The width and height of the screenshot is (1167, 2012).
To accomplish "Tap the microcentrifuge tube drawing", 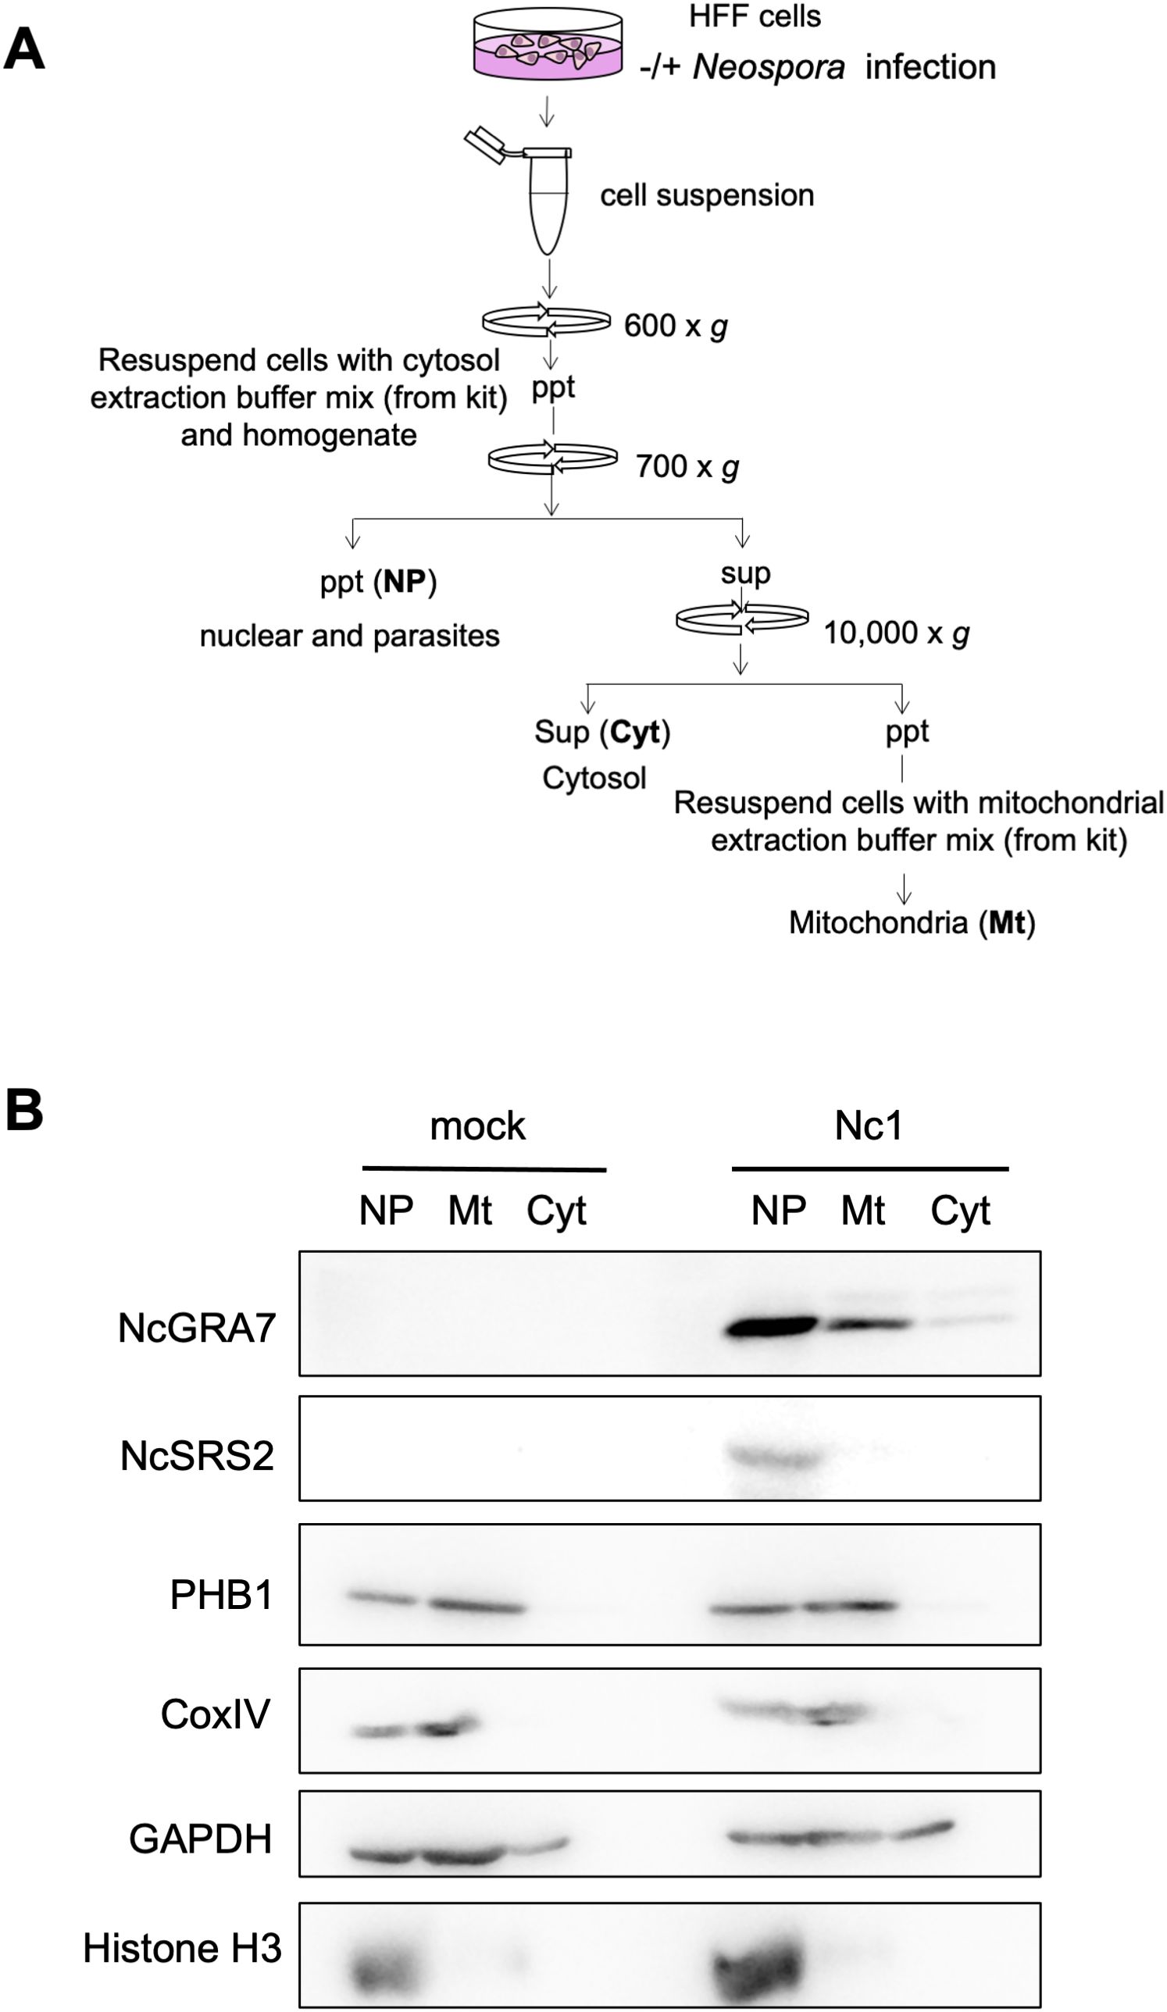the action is click(x=548, y=200).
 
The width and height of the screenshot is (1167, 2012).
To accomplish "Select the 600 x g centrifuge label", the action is click(x=676, y=326).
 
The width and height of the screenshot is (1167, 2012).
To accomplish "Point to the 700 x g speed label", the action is click(x=687, y=466).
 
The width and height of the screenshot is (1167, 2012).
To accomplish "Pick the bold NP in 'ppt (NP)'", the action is click(x=404, y=581).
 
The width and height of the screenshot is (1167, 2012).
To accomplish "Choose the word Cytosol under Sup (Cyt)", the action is click(x=594, y=778).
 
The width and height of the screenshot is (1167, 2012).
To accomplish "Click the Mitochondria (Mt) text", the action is click(x=912, y=923).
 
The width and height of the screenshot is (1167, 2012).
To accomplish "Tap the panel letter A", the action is click(x=24, y=51).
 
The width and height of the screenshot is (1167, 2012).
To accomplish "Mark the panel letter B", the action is click(x=24, y=1110).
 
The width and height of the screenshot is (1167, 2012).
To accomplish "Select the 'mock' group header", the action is click(x=477, y=1126).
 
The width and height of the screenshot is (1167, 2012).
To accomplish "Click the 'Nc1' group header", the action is click(x=869, y=1126).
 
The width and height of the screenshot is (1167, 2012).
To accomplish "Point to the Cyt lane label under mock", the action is click(x=556, y=1211).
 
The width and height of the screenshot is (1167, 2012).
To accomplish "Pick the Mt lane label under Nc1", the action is click(x=863, y=1211).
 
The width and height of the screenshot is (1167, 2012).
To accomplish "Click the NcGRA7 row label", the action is click(x=196, y=1329).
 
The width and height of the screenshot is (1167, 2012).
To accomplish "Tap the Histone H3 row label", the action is click(x=182, y=1948).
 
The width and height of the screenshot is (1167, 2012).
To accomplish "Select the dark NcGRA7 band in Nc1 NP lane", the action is click(x=771, y=1328).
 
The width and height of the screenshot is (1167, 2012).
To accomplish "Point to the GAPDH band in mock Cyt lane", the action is click(x=540, y=1846).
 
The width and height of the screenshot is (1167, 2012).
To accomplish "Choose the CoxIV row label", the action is click(x=216, y=1714).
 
